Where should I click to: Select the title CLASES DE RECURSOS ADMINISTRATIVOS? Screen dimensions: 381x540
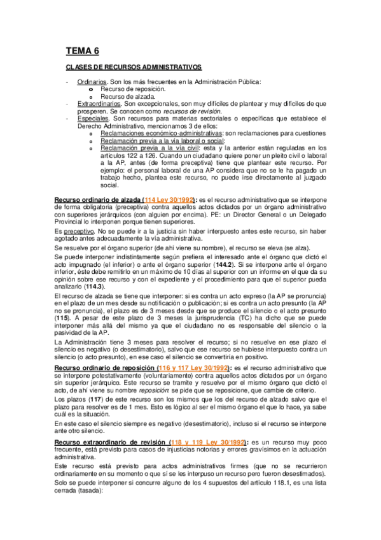(134, 67)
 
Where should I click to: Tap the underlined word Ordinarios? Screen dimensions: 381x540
(91, 83)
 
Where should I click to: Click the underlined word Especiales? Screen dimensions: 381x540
(92, 118)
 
